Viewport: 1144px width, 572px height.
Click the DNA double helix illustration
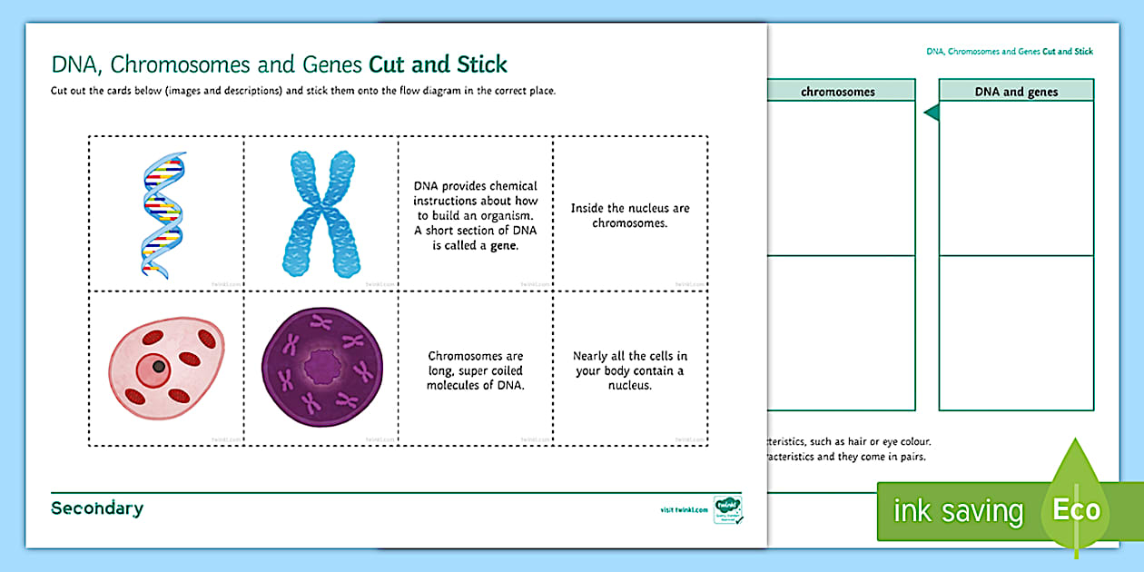click(x=163, y=214)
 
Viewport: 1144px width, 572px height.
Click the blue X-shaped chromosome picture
click(x=318, y=214)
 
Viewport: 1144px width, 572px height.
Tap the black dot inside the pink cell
click(x=159, y=366)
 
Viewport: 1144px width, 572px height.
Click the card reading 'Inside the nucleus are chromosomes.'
click(x=630, y=215)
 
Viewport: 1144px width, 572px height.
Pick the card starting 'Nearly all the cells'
click(x=630, y=370)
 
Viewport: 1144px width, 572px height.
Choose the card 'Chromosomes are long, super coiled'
click(x=476, y=370)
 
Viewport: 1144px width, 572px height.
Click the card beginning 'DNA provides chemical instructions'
click(x=476, y=215)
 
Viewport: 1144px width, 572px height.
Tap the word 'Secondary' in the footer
click(x=97, y=508)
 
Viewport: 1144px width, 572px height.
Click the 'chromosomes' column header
click(x=837, y=92)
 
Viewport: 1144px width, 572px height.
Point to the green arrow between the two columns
click(x=930, y=113)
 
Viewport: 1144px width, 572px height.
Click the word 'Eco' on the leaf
click(x=1076, y=509)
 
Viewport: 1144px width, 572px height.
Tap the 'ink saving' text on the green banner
click(x=957, y=511)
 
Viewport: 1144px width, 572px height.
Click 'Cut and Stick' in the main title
click(x=438, y=64)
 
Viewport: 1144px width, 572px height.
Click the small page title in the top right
click(x=1009, y=52)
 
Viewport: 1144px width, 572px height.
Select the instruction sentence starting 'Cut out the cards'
click(x=302, y=91)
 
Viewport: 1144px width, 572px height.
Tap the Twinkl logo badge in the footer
click(x=727, y=509)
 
